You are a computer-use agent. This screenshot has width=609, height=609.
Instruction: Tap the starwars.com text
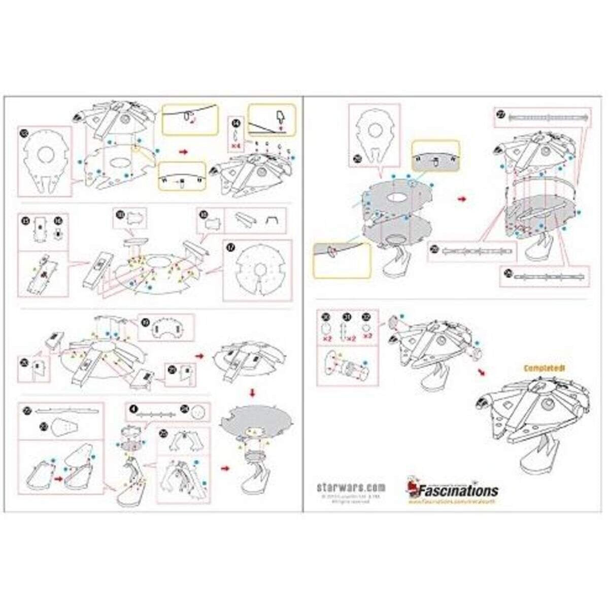(x=351, y=487)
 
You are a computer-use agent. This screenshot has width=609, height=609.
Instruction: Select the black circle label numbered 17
(x=232, y=248)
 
